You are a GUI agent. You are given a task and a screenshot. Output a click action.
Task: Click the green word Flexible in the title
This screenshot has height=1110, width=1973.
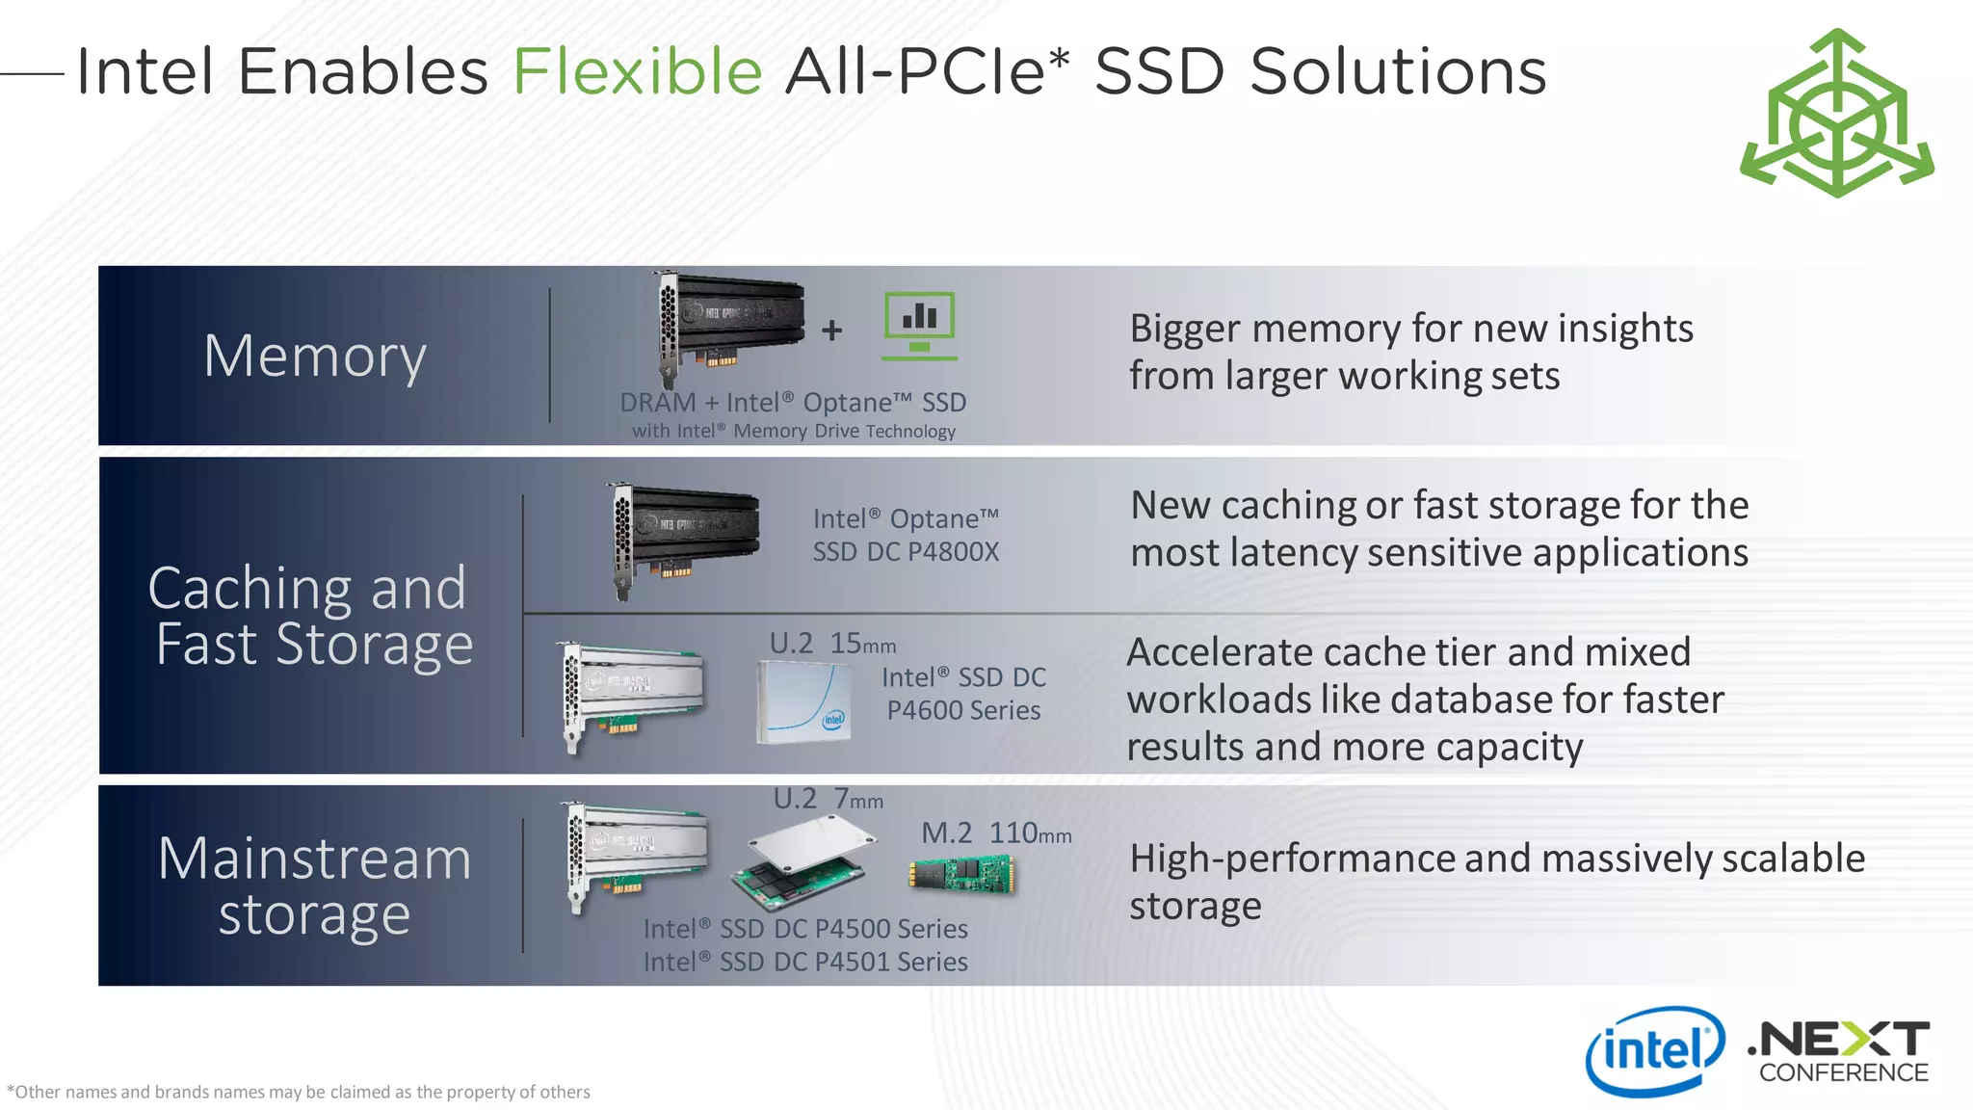point(637,71)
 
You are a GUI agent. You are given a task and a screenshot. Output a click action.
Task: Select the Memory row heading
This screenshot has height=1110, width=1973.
point(315,356)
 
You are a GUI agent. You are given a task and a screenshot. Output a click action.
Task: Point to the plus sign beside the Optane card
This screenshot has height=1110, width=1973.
point(832,330)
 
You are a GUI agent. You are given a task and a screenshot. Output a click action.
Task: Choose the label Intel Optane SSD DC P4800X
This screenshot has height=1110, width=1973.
point(906,535)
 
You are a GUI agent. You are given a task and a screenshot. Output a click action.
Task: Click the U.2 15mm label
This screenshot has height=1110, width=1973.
point(832,644)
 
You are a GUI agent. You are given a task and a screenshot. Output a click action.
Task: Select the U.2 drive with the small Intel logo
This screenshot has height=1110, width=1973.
point(804,700)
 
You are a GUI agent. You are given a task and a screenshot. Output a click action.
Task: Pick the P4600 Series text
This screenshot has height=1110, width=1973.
point(963,710)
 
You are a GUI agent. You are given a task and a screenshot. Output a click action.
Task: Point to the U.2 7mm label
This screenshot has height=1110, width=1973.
point(828,799)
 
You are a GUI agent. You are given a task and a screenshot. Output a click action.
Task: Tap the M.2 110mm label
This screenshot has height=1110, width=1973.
point(996,832)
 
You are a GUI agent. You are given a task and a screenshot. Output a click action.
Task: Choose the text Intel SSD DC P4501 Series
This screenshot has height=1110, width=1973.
point(805,962)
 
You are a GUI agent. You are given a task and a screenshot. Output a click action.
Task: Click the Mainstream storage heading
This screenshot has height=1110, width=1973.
point(314,885)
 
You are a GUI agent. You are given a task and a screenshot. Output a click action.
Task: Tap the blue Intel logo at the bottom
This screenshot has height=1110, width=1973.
point(1654,1051)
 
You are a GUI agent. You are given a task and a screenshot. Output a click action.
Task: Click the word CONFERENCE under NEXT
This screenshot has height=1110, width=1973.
point(1843,1072)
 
